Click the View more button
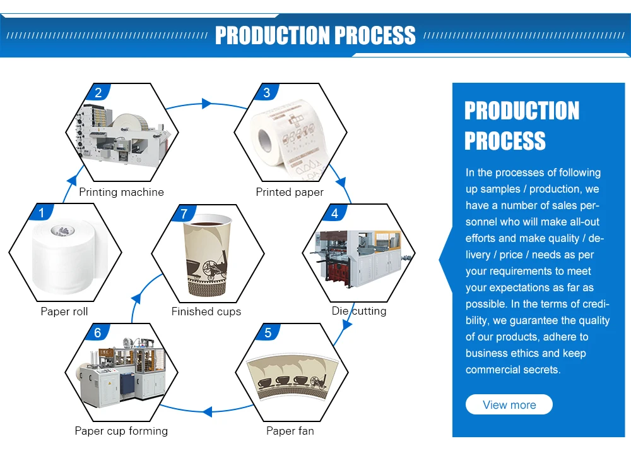(509, 405)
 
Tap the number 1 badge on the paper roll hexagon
(42, 214)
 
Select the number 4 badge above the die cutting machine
(334, 214)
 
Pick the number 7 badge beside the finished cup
(184, 214)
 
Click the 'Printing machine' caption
(121, 192)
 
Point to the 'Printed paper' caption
(290, 192)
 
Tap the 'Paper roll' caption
(64, 311)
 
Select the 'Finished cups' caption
(206, 311)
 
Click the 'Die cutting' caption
(359, 311)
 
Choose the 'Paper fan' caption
(290, 431)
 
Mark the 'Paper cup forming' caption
(121, 431)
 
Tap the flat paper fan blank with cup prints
(290, 377)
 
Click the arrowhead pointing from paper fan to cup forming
(206, 412)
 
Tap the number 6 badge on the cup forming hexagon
(97, 333)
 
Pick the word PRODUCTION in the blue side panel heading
(522, 111)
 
